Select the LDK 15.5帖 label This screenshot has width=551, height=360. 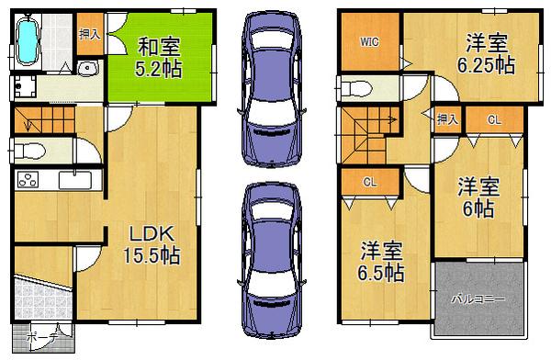click(x=152, y=243)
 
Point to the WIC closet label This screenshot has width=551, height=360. click(x=368, y=41)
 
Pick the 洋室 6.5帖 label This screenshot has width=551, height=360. click(x=378, y=261)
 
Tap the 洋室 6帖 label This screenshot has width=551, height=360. click(x=479, y=197)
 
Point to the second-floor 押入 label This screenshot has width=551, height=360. click(x=447, y=118)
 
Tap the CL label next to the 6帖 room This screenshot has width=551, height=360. click(x=493, y=119)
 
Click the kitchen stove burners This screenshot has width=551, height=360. click(x=28, y=180)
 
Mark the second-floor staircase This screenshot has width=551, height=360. click(x=367, y=133)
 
